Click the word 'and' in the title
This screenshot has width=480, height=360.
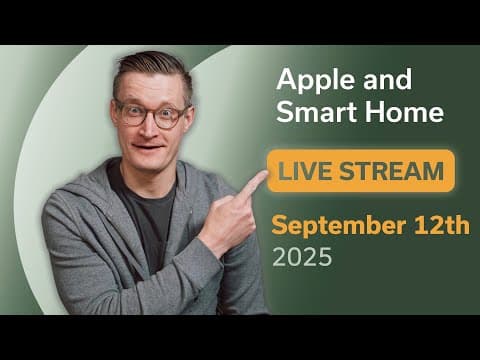coord(375,80)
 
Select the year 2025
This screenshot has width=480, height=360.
coord(304,257)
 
